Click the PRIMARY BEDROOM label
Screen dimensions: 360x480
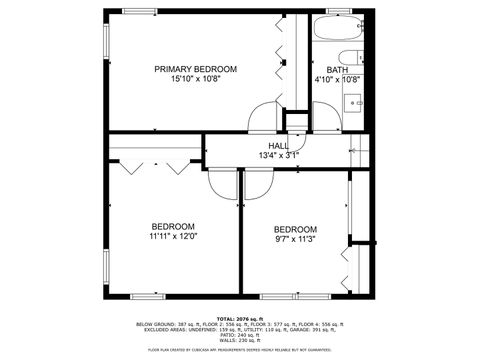pos(195,69)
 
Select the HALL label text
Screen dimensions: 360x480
pos(278,146)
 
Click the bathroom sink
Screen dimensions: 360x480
pos(356,102)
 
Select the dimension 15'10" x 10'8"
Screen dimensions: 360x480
pos(195,79)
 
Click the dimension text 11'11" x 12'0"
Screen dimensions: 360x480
pos(173,237)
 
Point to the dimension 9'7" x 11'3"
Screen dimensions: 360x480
pos(295,239)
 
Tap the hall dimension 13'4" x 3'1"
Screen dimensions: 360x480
pos(278,155)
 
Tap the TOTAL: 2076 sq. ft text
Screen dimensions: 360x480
pos(240,317)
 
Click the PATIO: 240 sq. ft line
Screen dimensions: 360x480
pos(240,335)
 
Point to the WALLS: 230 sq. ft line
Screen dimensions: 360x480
pos(240,341)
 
